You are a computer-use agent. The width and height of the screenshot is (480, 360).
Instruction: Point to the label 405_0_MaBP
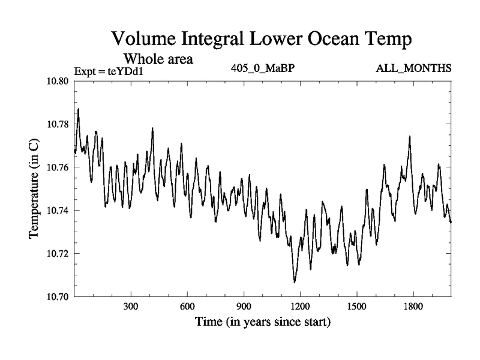(262, 68)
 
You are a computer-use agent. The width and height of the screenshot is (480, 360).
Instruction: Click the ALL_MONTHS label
(413, 68)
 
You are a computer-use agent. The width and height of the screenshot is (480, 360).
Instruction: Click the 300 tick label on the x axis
(131, 306)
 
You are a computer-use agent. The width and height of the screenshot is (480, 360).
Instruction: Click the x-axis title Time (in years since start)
(262, 322)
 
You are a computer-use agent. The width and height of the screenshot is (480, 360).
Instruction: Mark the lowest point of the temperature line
(295, 282)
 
